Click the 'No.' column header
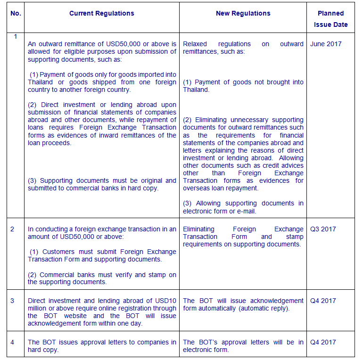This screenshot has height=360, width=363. tap(16, 13)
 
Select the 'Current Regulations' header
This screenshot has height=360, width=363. tap(101, 13)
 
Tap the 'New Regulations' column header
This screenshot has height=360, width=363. tap(243, 13)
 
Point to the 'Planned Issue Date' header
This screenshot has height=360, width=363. tap(330, 19)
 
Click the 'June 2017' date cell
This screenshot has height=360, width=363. tap(326, 44)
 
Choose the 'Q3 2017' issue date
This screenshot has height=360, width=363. tap(323, 229)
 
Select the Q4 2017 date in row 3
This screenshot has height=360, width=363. tap(323, 301)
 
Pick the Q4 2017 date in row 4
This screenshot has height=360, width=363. tap(323, 342)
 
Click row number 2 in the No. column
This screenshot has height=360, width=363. tap(13, 229)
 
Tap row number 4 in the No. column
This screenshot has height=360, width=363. tap(13, 342)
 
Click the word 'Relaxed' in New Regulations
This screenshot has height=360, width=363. tap(195, 44)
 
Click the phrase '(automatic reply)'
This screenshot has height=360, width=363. tap(267, 308)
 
